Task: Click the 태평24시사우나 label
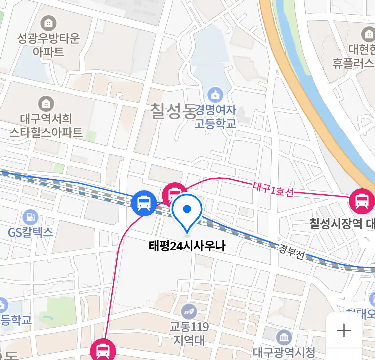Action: coord(187,246)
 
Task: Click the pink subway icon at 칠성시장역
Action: coord(362,201)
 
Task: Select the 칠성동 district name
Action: coord(173,111)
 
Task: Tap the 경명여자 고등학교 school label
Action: coord(216,116)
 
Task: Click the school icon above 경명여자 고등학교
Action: coord(215,95)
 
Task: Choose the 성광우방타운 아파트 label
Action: coord(49,45)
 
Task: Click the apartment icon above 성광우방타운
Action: coord(49,23)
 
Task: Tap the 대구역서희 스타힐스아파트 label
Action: coord(46,126)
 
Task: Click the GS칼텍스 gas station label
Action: coord(30,232)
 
